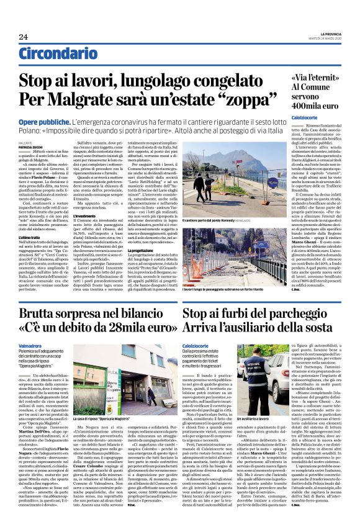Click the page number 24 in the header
(23, 37)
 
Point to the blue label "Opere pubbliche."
(45, 124)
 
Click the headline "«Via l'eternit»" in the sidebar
(314, 79)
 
